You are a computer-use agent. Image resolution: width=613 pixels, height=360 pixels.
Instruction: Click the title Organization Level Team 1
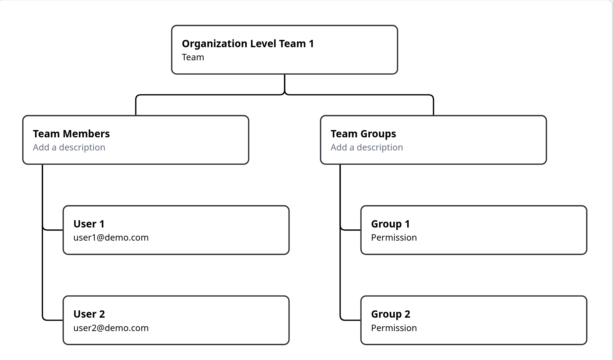pos(247,44)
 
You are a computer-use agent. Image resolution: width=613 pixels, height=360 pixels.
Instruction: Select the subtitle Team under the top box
pos(193,57)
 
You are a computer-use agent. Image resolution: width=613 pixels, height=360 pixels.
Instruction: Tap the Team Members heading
pos(71,134)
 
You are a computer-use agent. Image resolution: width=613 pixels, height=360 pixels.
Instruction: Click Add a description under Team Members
pos(69,147)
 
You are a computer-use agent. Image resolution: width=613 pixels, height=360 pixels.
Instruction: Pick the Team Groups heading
pos(363,134)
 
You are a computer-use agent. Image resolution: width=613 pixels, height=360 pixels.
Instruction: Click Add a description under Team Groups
pos(367,147)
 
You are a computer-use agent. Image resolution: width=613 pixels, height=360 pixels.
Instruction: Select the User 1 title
pos(89,224)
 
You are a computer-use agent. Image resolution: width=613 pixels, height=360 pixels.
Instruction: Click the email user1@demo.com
pos(111,238)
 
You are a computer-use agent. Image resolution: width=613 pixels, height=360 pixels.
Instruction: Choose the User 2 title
pos(89,314)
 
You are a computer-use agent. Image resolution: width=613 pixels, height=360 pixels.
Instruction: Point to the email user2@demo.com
pos(111,328)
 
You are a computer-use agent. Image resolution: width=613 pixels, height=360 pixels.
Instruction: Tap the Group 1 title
pos(390,224)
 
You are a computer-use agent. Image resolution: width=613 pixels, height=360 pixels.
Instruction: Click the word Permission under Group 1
pos(394,238)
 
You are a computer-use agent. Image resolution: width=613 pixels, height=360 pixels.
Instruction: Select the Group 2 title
pos(391,314)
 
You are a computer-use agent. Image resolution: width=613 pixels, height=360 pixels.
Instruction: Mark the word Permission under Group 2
pos(394,328)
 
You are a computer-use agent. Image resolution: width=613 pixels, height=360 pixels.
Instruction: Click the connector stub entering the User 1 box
pos(54,230)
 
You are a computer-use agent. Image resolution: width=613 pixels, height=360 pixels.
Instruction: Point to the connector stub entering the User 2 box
pos(54,320)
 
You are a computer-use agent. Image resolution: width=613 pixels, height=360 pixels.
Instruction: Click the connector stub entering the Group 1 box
pos(352,230)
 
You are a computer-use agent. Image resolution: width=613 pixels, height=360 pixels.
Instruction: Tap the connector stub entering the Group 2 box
pos(352,320)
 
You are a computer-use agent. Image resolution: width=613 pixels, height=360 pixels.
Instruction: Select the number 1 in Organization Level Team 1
pos(311,44)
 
